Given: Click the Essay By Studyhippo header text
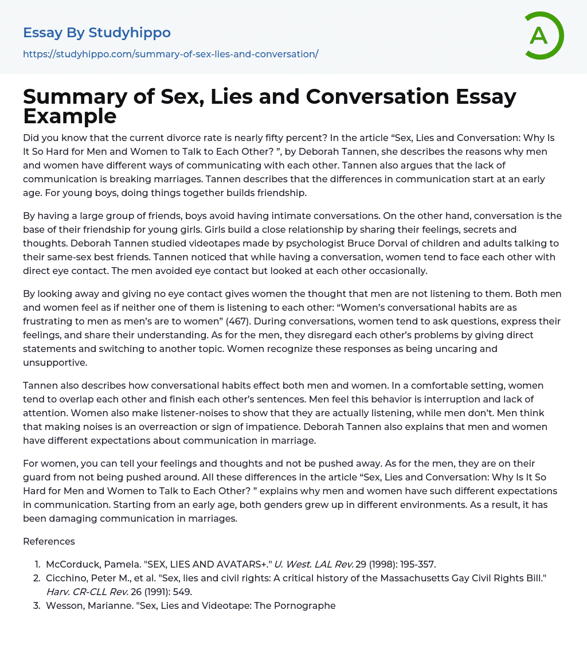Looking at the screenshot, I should [97, 33].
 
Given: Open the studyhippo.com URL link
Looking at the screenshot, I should [170, 54].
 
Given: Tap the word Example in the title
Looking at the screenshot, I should [70, 116].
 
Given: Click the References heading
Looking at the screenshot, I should [49, 541].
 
